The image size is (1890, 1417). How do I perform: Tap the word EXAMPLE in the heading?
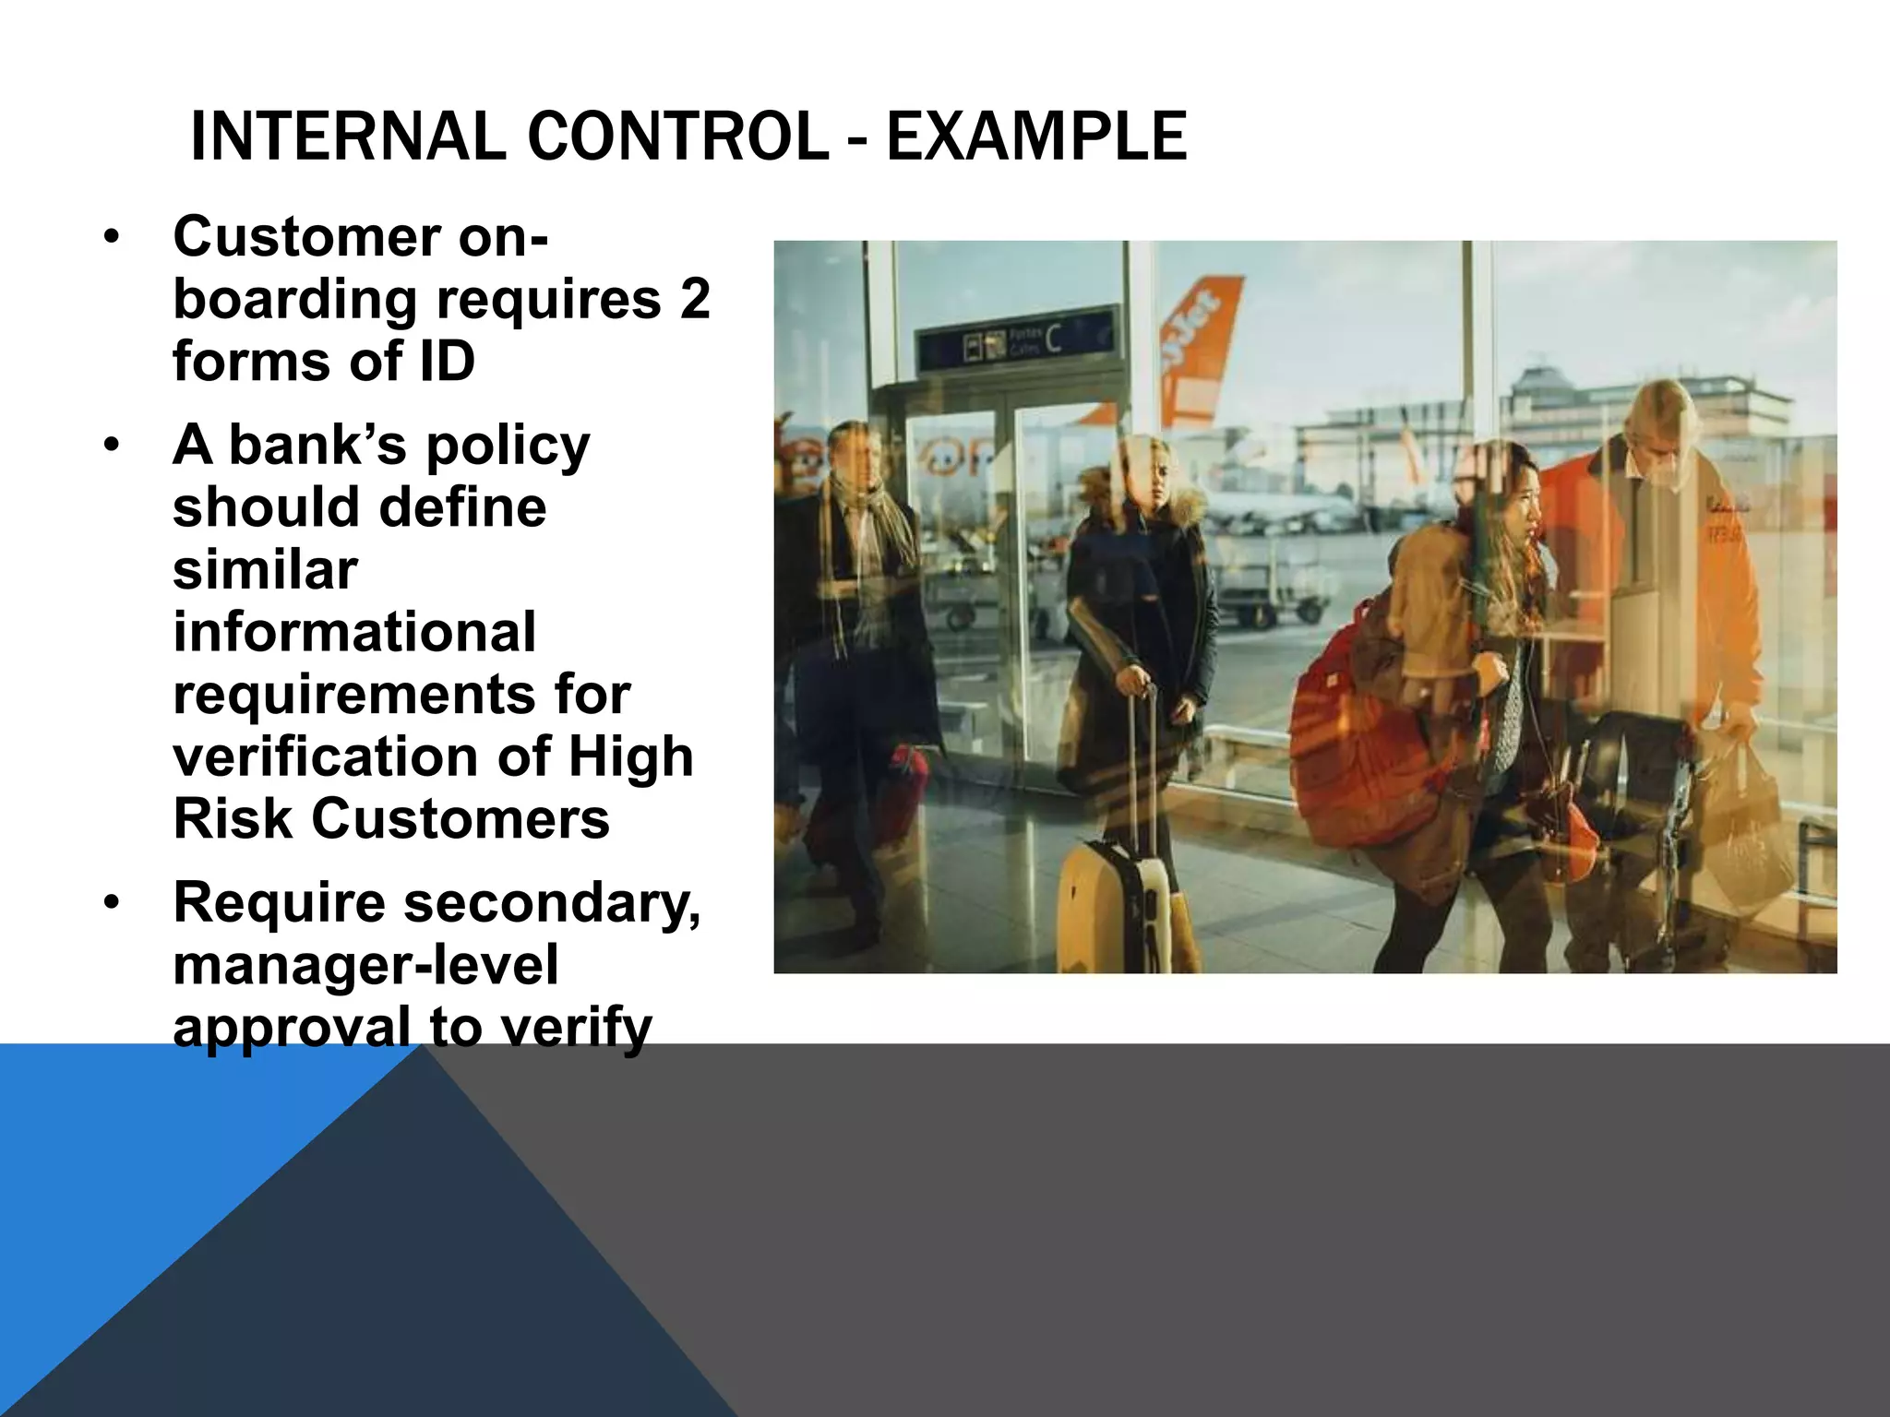[x=1036, y=137]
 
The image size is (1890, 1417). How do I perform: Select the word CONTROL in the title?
[x=677, y=137]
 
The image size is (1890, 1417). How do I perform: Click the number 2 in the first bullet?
[x=694, y=299]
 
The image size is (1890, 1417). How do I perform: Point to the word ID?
[x=447, y=361]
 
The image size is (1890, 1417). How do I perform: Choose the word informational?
[x=354, y=632]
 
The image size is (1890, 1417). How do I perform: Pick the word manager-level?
[x=365, y=965]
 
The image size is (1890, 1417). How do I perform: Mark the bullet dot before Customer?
[x=112, y=238]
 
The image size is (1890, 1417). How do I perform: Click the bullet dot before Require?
[x=112, y=903]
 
